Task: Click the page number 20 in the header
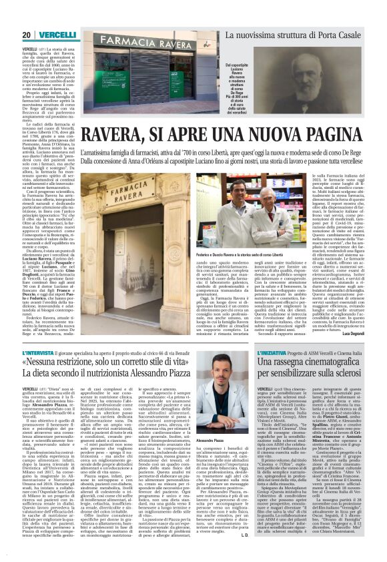26,35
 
